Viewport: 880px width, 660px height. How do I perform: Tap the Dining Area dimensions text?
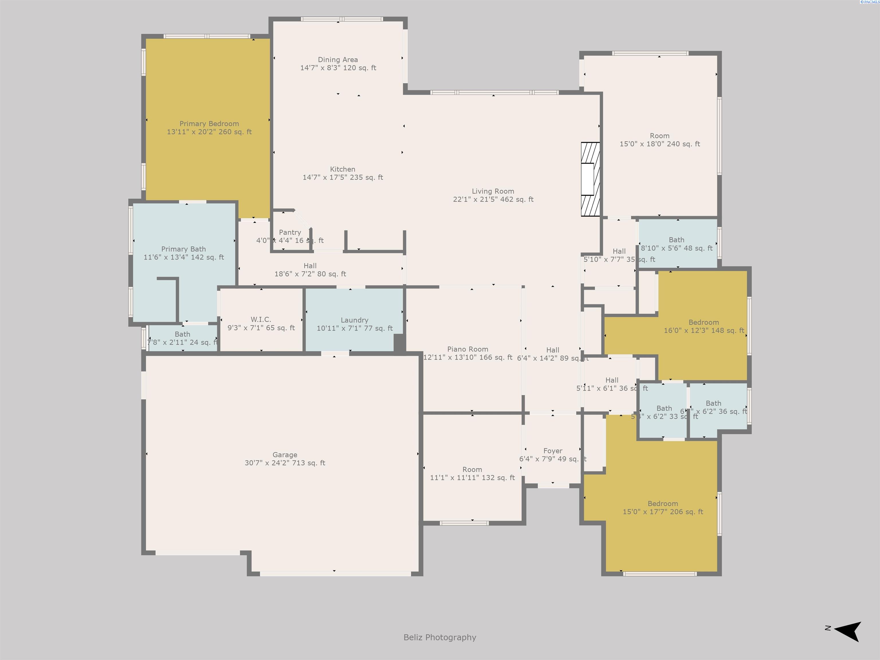pos(338,68)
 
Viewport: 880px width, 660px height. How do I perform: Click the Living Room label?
pos(493,191)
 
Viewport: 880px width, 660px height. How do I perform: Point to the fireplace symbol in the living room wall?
pos(590,179)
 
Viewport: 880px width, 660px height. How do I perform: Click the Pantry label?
pos(290,232)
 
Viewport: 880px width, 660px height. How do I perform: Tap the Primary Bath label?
pos(183,249)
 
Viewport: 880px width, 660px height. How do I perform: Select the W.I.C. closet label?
pos(261,319)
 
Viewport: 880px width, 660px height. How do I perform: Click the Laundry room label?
pos(354,320)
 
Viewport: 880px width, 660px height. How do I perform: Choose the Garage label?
pos(284,455)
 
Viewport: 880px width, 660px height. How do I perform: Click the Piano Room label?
pos(467,349)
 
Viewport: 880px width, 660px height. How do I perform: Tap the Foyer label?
pos(553,451)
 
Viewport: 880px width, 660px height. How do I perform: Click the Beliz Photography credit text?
pos(440,637)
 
